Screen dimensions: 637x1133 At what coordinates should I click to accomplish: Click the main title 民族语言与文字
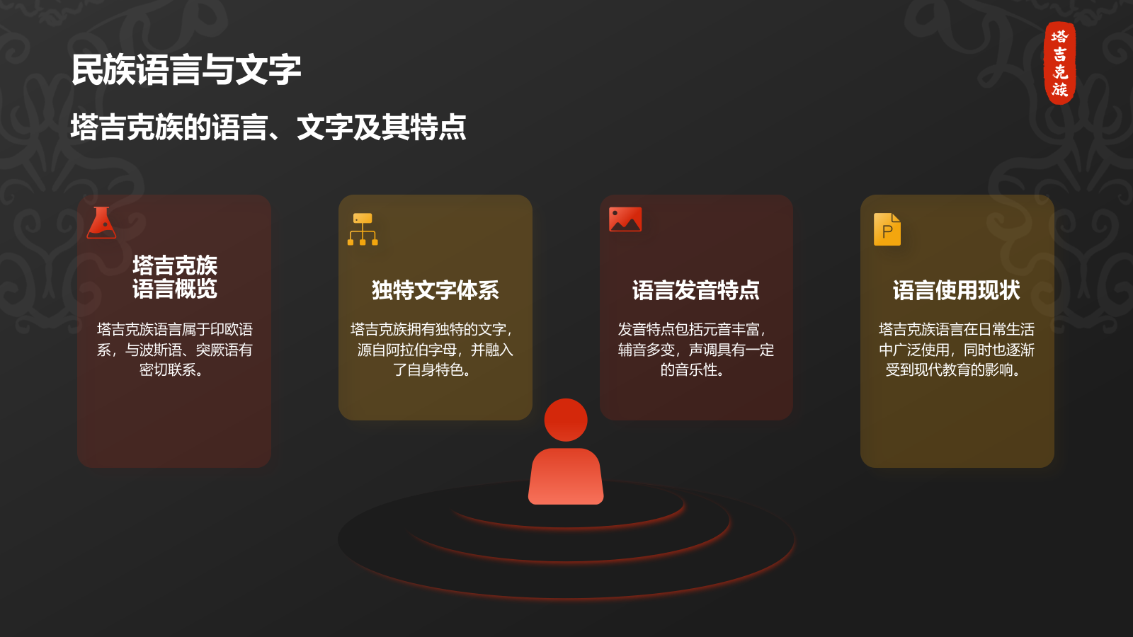pos(186,70)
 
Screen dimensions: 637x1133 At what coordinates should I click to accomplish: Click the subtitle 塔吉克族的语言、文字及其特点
pos(268,128)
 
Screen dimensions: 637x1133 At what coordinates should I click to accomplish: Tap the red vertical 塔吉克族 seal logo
pos(1060,63)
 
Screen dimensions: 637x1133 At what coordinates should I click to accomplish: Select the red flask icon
pos(101,223)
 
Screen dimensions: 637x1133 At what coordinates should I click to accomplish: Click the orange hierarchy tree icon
pos(363,229)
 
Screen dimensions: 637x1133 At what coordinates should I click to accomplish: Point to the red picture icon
pos(625,219)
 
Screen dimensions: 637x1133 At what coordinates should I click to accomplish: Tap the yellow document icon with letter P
pos(887,229)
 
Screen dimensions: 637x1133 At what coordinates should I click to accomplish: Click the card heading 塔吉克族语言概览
pos(174,277)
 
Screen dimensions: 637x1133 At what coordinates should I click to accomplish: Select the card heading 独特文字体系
pos(435,290)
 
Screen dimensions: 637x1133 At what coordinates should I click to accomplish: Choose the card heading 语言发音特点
pos(695,290)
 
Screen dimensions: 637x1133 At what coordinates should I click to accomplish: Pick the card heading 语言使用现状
pos(956,290)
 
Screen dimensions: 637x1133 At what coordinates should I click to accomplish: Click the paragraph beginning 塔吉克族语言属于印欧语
pos(174,350)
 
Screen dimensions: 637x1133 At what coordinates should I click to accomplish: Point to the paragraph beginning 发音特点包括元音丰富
pos(695,350)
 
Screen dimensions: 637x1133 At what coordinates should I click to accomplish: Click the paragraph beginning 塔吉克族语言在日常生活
pos(956,350)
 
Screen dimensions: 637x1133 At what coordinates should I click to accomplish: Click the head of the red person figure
pos(566,420)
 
